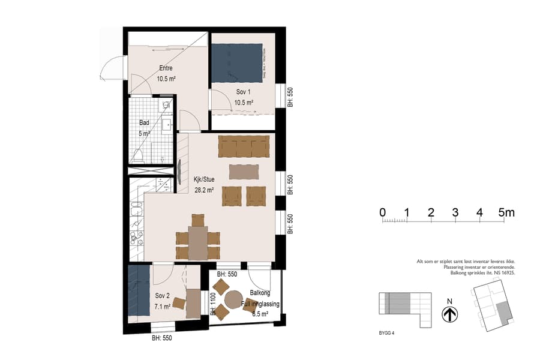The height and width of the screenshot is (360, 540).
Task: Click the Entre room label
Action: (166, 68)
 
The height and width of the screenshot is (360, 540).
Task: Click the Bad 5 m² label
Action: (144, 129)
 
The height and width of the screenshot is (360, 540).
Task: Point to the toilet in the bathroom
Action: (139, 157)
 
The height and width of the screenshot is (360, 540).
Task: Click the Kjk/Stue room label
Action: (204, 178)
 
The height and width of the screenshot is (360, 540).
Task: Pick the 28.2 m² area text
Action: (204, 189)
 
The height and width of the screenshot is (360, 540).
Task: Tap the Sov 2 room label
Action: (163, 296)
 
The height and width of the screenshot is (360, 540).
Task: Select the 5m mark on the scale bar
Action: (507, 212)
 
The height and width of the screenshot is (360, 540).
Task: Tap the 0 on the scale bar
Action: (382, 212)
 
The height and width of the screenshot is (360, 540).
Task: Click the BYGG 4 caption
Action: (388, 332)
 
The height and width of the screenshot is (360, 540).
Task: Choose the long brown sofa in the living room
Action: (244, 145)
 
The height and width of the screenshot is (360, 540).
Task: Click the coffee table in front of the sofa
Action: (244, 172)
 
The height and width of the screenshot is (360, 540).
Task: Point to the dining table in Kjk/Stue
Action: (197, 242)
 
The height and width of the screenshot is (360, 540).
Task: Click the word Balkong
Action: (260, 293)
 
